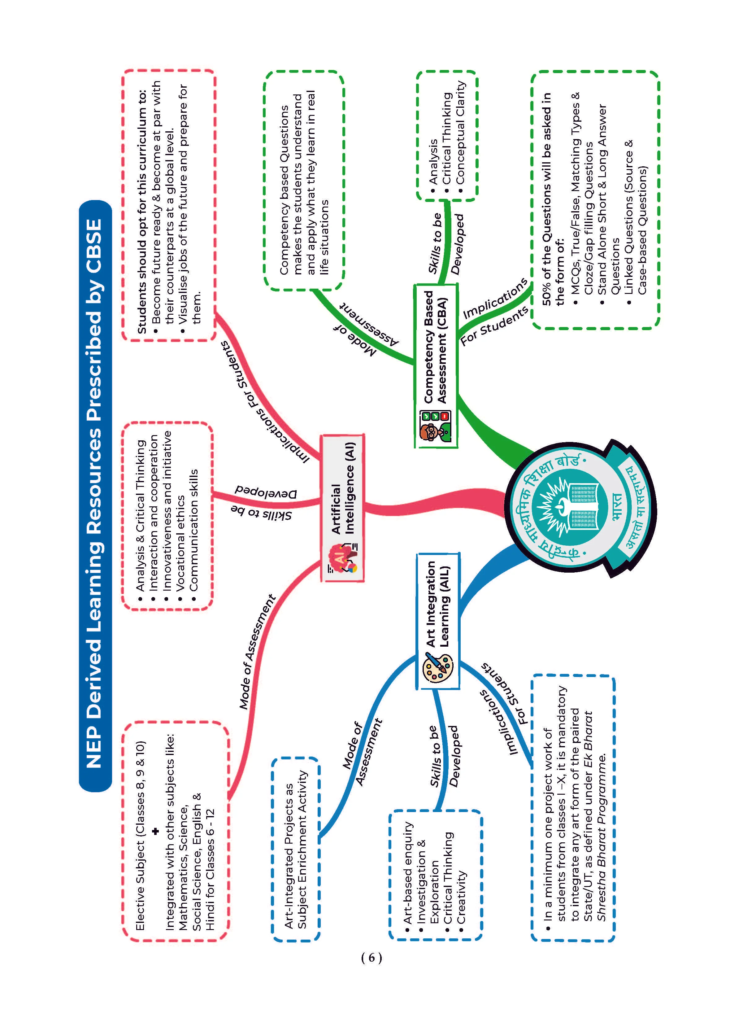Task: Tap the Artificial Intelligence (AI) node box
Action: pos(342,508)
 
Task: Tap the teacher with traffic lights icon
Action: pos(434,426)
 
